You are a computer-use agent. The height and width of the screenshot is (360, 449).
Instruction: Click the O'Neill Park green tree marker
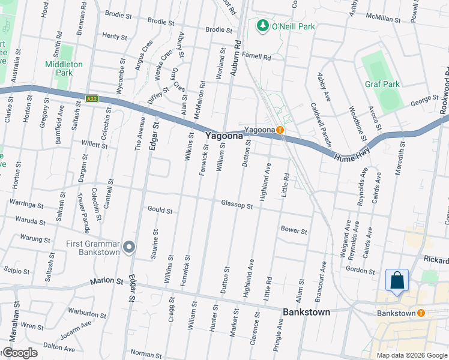pyautogui.click(x=262, y=26)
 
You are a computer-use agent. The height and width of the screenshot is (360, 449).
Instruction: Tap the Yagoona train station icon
pyautogui.click(x=280, y=130)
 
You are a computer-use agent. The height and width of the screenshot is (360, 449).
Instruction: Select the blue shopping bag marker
pyautogui.click(x=397, y=280)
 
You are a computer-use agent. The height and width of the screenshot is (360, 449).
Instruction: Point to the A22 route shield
pyautogui.click(x=92, y=99)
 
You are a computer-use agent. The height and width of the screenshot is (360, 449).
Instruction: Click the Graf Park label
pyautogui.click(x=382, y=84)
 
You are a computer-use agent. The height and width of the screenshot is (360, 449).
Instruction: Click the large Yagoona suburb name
pyautogui.click(x=224, y=136)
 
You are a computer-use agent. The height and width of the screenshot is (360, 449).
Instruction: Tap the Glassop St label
pyautogui.click(x=237, y=205)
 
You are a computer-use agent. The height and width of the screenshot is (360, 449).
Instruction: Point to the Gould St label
pyautogui.click(x=160, y=211)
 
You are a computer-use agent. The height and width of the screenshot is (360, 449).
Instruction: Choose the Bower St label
pyautogui.click(x=294, y=230)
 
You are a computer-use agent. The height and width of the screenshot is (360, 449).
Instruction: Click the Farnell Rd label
pyautogui.click(x=258, y=58)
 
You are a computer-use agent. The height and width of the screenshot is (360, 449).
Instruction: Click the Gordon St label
pyautogui.click(x=361, y=271)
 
